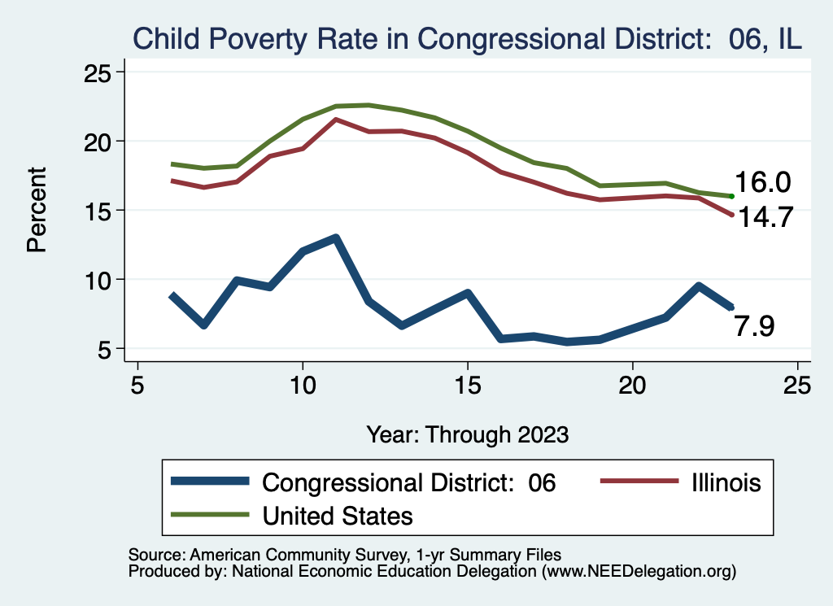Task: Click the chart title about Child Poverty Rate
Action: pos(468,38)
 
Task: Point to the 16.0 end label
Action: pos(762,182)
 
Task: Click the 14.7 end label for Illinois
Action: pos(764,217)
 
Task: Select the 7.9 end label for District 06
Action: pos(754,326)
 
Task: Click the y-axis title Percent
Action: pos(37,210)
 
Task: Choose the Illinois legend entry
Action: pos(720,482)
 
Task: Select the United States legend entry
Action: pos(337,515)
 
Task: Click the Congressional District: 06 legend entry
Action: pos(408,482)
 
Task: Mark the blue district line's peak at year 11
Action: pos(335,238)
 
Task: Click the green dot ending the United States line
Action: pos(732,196)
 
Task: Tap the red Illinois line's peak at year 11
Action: pos(335,120)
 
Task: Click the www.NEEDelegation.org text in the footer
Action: pos(639,572)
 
